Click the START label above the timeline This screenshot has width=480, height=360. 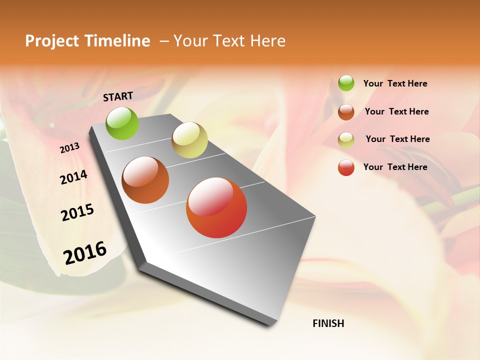pos(118,96)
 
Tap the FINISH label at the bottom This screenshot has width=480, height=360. pos(328,323)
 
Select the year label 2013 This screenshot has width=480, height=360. pos(69,148)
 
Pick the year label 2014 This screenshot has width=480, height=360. pos(73,177)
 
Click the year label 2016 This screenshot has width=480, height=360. pos(85,253)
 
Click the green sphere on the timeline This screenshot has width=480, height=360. pos(122,123)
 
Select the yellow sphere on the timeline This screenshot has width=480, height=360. pos(189,140)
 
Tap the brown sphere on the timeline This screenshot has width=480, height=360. pos(145,180)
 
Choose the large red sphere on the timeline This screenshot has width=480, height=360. pos(216,207)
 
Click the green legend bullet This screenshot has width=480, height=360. pos(346,83)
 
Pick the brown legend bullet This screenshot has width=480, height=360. pos(346,111)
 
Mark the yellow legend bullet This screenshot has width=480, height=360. pos(346,139)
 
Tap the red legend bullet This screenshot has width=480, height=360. pos(346,167)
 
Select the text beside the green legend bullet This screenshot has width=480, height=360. pos(395,84)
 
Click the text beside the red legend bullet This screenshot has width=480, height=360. pos(395,167)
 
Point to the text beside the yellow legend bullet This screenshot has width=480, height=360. pos(397,139)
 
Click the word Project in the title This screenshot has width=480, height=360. pos(52,41)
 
